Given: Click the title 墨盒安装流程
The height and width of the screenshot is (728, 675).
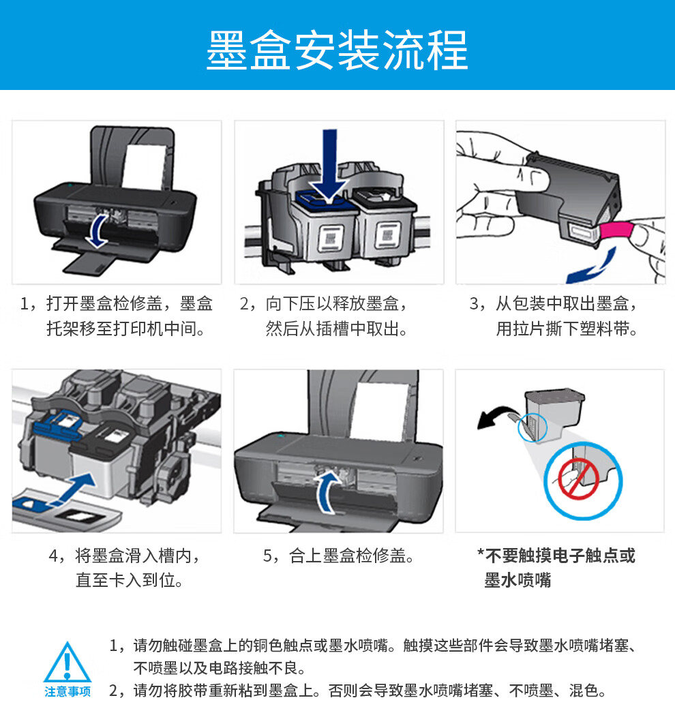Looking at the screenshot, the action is point(337,50).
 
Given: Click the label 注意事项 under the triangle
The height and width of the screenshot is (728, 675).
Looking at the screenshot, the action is point(67,692).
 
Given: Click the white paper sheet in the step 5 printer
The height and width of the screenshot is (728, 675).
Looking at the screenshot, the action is point(379,412).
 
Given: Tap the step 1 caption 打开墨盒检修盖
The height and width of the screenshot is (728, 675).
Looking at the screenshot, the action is point(104,303).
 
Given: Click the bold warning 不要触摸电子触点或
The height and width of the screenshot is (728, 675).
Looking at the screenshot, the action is point(560,556).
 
